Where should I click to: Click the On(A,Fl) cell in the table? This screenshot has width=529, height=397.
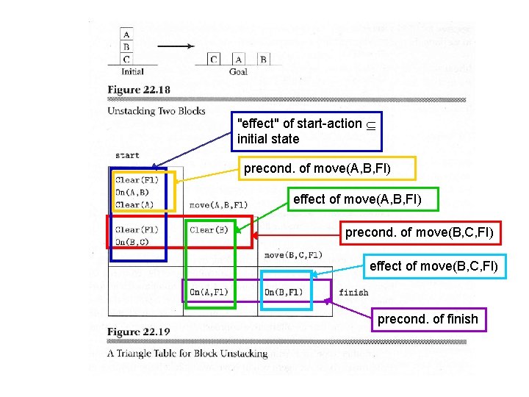(x=209, y=293)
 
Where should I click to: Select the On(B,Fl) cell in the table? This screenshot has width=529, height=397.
(x=284, y=293)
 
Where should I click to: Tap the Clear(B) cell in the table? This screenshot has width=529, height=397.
(x=209, y=230)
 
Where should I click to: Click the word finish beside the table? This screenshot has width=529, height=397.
(x=353, y=293)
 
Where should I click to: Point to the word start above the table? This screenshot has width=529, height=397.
(x=127, y=155)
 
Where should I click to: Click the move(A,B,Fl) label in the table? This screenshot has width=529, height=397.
(x=218, y=205)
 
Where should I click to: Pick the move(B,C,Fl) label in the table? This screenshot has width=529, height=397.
(x=293, y=255)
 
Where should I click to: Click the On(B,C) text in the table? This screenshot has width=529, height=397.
(x=133, y=242)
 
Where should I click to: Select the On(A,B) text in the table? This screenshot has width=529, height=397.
(x=133, y=193)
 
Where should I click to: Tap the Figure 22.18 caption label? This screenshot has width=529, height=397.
(x=139, y=90)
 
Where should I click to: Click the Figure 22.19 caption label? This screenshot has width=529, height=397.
(x=139, y=332)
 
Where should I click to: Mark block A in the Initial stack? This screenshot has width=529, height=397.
(x=127, y=35)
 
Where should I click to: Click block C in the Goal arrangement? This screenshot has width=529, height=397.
(x=214, y=60)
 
